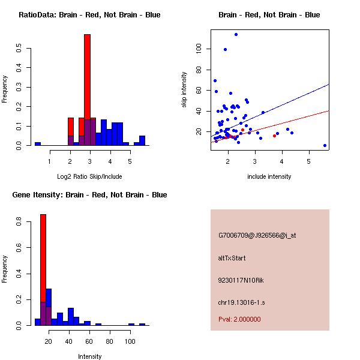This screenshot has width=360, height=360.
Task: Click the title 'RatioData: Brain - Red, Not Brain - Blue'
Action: click(x=89, y=15)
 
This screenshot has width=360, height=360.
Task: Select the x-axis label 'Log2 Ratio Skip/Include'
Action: click(x=89, y=176)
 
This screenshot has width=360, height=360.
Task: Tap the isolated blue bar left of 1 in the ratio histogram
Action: click(x=37, y=144)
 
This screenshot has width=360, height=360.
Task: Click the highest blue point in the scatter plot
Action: click(x=236, y=34)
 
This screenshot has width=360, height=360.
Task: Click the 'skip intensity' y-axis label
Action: click(x=184, y=90)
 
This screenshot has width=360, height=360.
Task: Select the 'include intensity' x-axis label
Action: click(x=269, y=176)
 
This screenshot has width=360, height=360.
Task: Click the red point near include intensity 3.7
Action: click(x=274, y=136)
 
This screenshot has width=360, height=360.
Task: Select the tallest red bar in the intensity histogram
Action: click(x=43, y=258)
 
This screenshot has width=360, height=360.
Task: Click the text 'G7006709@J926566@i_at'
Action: click(x=257, y=235)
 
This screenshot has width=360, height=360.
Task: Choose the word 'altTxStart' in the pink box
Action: click(x=232, y=258)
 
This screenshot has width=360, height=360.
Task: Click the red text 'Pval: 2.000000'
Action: click(x=239, y=319)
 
